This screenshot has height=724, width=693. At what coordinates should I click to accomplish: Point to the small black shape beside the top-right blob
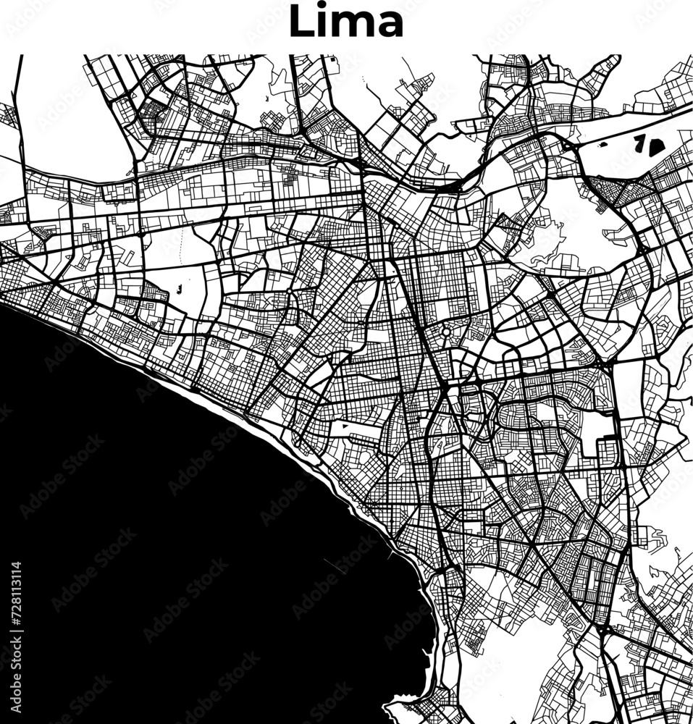click(x=639, y=141)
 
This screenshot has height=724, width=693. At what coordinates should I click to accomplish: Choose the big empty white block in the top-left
click(x=65, y=109)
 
